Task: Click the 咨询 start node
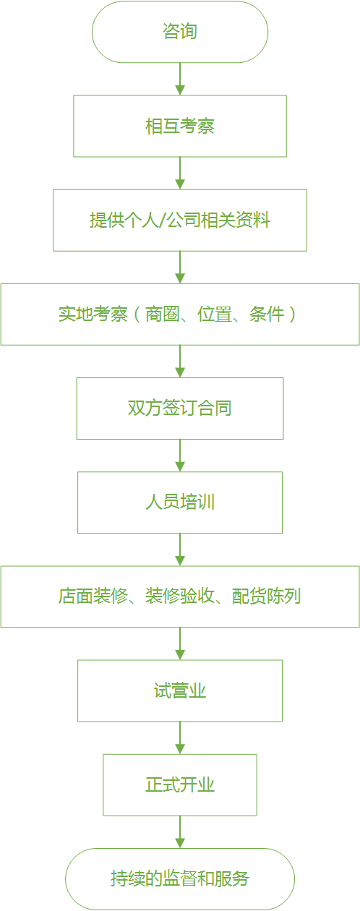180,32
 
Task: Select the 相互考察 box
180,126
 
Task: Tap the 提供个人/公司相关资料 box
180,220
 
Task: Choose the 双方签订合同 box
180,409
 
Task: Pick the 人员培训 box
180,502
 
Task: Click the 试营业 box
180,690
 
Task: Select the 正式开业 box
180,785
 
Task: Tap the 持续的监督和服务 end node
180,879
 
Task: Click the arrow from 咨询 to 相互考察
180,79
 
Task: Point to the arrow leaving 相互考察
180,174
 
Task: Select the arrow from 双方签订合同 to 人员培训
180,455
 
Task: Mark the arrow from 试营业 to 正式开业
180,737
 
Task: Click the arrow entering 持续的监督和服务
180,832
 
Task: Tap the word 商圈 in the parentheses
163,315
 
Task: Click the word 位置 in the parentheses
215,315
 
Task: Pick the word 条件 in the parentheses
267,315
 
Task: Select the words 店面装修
93,596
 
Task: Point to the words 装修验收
180,596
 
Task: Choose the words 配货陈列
267,596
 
